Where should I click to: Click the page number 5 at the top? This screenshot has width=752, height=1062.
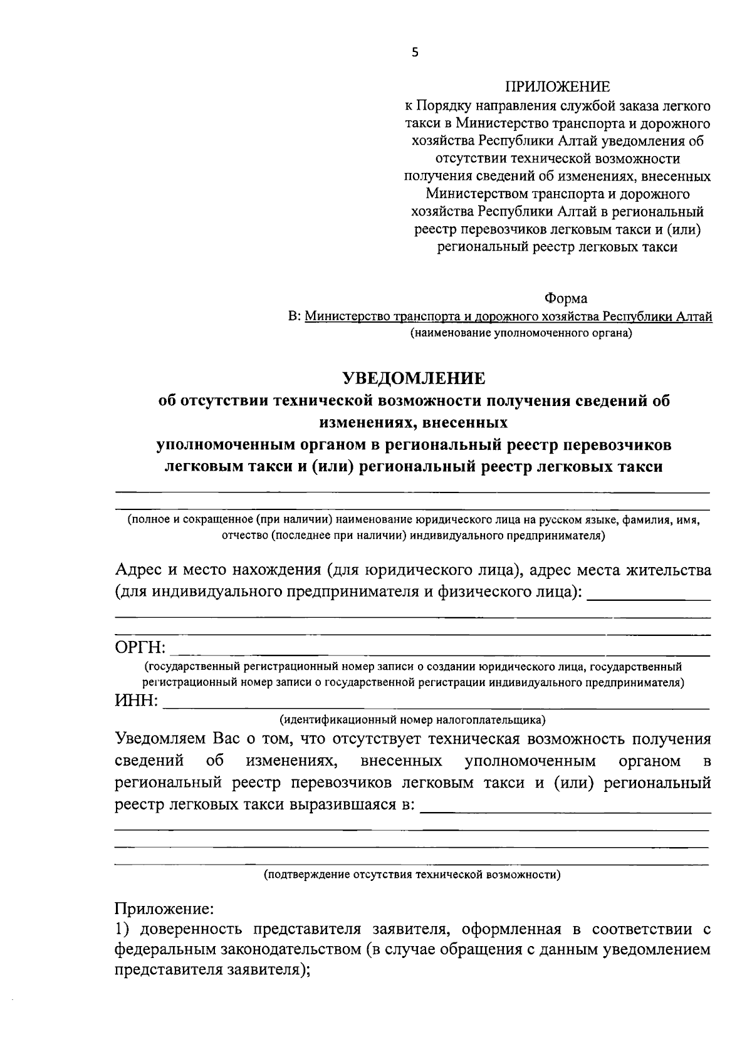click(x=414, y=53)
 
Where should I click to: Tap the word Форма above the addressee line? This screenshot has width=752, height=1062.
click(x=566, y=298)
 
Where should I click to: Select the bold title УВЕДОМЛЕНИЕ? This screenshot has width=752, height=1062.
click(x=414, y=378)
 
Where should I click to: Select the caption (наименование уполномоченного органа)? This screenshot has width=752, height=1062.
click(x=521, y=333)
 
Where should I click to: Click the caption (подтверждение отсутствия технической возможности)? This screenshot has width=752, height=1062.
click(x=412, y=874)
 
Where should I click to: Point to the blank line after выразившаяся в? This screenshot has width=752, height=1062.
click(x=566, y=812)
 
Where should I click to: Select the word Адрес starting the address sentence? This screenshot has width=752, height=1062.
click(x=138, y=570)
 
